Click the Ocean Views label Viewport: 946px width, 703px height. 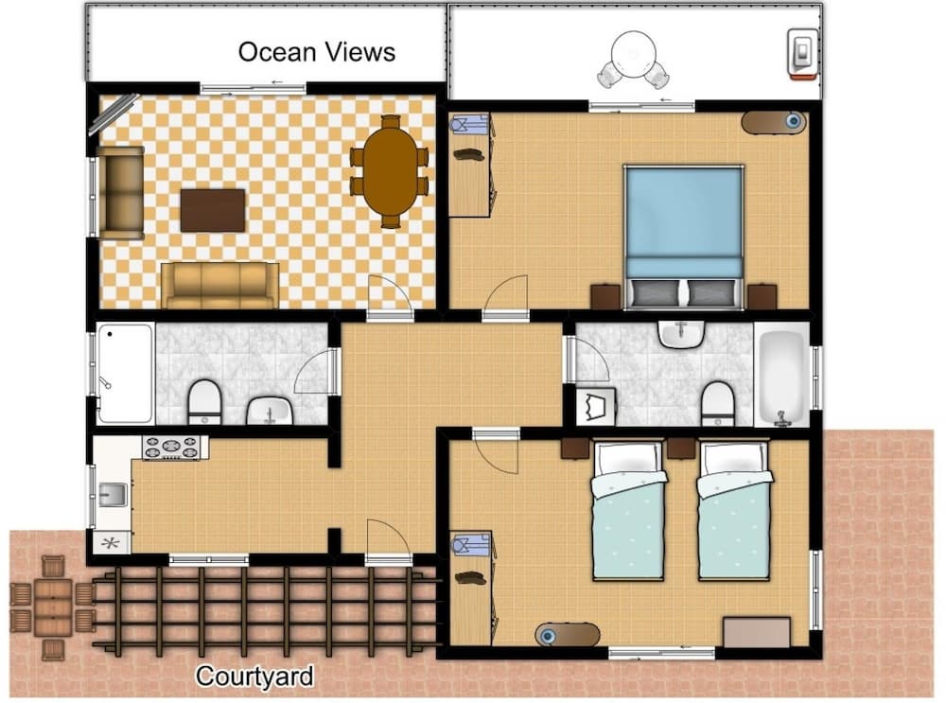point(317,52)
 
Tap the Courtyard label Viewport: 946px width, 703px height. point(254,677)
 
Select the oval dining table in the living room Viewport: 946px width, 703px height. point(390,171)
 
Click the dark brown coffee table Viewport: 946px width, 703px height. point(213,210)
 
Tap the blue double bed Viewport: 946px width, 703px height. point(684,237)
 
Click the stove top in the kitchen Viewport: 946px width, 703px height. point(172,448)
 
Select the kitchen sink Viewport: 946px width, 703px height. point(113,495)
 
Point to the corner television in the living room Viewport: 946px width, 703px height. point(113,114)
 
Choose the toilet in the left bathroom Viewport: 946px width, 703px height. point(204,401)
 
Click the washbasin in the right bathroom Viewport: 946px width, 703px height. point(681,334)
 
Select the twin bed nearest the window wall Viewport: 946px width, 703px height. point(735,511)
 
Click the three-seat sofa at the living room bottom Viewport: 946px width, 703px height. point(220,286)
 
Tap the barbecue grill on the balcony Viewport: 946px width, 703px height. point(803,54)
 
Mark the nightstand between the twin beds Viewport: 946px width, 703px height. point(681,448)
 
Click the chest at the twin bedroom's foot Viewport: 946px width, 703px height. point(757,632)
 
